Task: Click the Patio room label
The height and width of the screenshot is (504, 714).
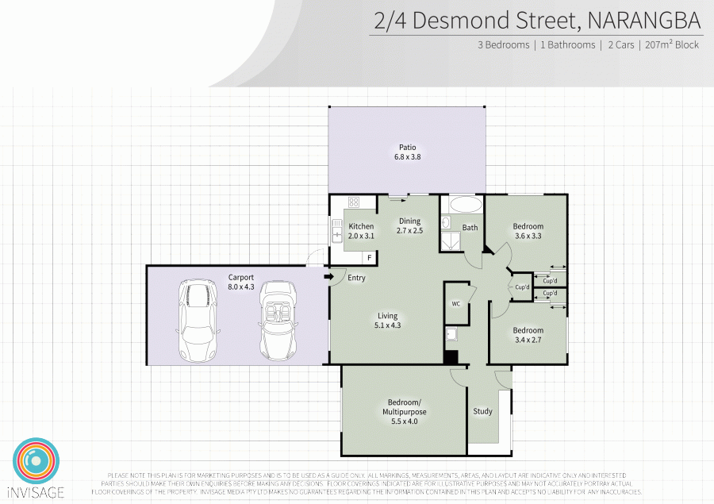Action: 408,152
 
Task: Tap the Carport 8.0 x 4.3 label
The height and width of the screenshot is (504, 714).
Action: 241,282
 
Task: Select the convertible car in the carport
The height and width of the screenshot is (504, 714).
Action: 278,321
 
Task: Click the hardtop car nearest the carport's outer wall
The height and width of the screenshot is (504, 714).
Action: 198,321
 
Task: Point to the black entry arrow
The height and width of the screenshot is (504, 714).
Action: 328,277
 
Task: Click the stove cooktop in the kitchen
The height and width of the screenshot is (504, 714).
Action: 354,202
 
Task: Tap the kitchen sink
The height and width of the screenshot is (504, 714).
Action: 337,231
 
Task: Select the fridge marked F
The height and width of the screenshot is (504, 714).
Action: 369,258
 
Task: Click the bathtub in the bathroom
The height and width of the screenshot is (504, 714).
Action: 466,205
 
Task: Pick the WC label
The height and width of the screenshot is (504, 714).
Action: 456,304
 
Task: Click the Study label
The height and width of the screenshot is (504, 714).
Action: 482,411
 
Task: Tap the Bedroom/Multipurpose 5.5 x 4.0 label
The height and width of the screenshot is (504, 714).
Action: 405,412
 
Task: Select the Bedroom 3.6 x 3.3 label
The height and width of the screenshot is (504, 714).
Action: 528,231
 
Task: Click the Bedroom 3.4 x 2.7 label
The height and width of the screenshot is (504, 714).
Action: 528,335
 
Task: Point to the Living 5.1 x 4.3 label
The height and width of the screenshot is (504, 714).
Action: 387,321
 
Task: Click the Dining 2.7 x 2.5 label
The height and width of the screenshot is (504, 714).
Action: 410,225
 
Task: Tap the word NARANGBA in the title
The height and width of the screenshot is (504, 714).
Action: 644,21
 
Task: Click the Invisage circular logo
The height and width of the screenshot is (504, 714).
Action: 36,460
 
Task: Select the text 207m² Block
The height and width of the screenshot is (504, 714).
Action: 672,44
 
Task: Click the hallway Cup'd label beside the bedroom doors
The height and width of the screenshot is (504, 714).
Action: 522,287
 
